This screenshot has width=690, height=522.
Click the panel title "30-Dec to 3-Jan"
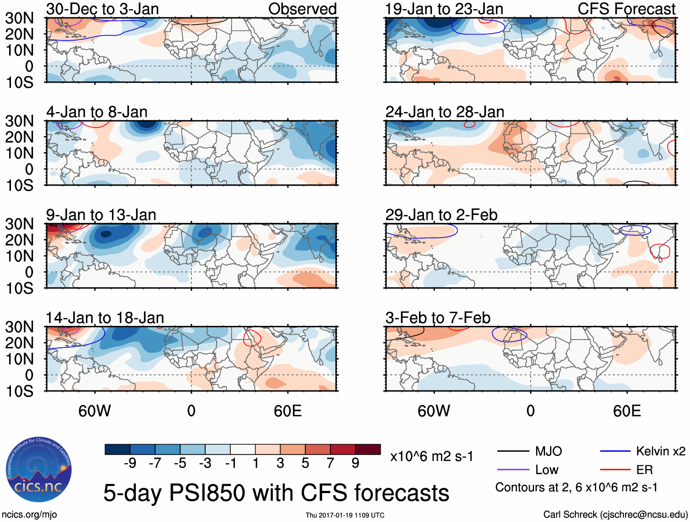[102, 9]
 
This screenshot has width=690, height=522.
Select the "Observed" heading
[302, 9]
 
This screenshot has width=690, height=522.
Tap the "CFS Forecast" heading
[626, 9]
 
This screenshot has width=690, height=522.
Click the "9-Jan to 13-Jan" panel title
[101, 215]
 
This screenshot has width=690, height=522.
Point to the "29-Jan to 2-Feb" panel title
[441, 215]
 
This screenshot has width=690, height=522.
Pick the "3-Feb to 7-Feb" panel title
[438, 318]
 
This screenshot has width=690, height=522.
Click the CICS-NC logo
[38, 470]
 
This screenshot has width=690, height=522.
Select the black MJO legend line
[513, 452]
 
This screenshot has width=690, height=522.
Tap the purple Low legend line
[513, 470]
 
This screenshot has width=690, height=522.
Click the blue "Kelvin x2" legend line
[615, 452]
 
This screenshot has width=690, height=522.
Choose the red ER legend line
[615, 470]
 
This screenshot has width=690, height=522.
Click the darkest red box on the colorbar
[368, 449]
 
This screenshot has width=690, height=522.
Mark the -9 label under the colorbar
[130, 463]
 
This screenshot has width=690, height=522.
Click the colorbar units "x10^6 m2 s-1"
[431, 457]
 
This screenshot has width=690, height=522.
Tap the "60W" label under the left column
[95, 411]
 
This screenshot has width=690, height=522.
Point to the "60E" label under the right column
[626, 411]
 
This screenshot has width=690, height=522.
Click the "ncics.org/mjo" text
[29, 515]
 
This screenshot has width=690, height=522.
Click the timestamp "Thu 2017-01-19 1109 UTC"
[345, 515]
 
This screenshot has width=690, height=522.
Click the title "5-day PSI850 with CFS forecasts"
[276, 493]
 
